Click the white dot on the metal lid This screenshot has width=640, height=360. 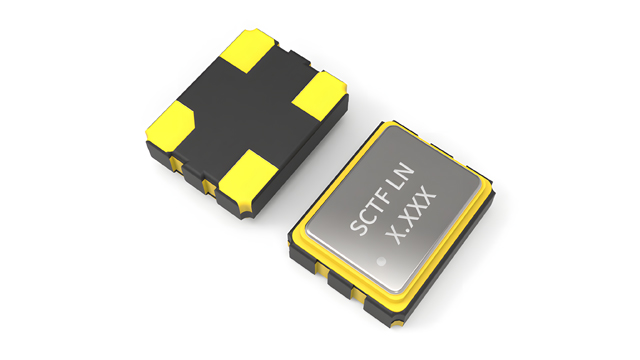point(381,261)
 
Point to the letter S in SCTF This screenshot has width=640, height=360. point(357,228)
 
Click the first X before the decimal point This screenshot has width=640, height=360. point(394,236)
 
